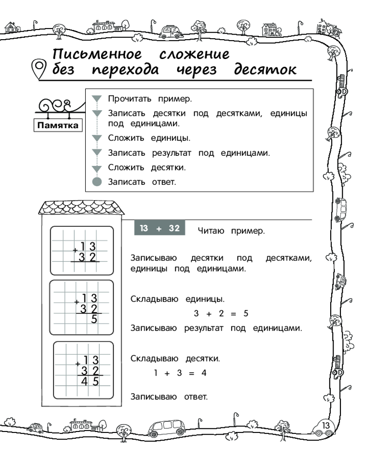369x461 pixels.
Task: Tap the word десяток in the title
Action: coord(265,70)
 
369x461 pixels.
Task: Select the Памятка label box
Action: coord(57,125)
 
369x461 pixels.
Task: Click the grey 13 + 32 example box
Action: coord(159,228)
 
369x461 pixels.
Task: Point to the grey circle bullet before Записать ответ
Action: coord(96,182)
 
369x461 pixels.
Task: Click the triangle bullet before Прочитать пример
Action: coord(96,99)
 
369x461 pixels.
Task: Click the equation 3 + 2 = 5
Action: coord(221,313)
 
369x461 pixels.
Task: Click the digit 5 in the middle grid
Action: coord(94,319)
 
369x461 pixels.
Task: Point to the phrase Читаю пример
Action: coord(231,231)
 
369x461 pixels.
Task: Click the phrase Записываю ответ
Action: coord(169,396)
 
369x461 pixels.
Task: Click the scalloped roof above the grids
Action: coord(82,208)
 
